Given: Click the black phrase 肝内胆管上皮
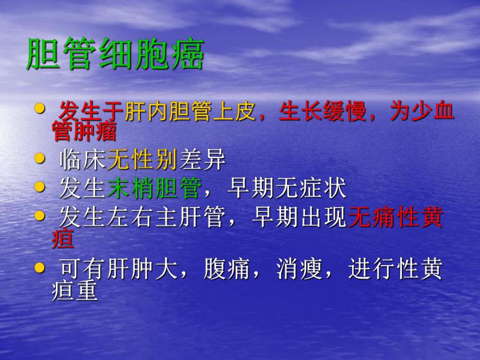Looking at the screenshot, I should (x=190, y=112).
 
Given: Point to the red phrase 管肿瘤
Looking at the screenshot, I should (x=83, y=132).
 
